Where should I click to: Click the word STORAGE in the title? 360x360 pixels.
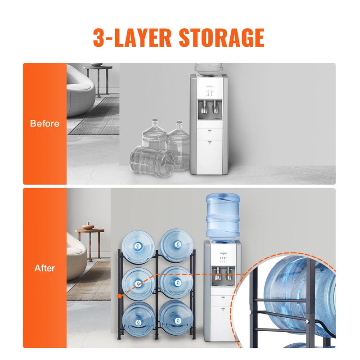click(x=221, y=38)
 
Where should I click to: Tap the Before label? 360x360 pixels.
click(x=45, y=123)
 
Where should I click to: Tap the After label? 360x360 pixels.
click(x=45, y=268)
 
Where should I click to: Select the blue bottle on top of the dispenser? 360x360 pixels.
click(x=222, y=216)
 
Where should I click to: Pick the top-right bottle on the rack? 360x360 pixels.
click(x=177, y=245)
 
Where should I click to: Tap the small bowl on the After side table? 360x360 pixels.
click(x=88, y=226)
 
